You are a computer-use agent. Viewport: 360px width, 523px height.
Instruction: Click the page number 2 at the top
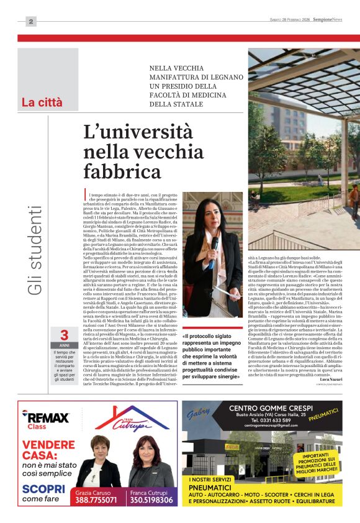pos(30,22)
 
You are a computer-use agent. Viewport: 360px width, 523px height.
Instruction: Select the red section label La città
pos(42,102)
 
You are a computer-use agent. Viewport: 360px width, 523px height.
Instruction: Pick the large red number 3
pos(64,335)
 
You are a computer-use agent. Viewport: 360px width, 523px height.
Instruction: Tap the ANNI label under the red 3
pos(64,345)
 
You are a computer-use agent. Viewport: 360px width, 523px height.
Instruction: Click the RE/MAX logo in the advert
pos(45,418)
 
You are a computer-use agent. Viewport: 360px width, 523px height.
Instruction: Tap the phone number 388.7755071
pos(96,499)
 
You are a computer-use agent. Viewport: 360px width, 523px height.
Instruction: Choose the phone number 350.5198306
pos(151,499)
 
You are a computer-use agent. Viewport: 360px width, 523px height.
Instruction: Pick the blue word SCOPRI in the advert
pos(39,488)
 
